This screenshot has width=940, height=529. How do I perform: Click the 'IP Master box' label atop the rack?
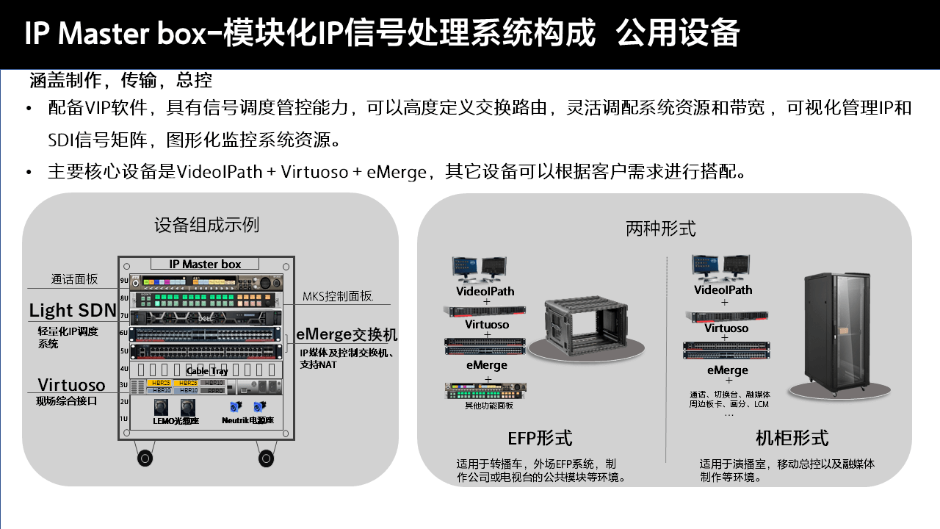[205, 264]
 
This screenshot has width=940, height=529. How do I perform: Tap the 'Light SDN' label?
[73, 310]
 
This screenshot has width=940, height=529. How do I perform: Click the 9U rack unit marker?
[124, 280]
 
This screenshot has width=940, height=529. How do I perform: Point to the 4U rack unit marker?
[124, 369]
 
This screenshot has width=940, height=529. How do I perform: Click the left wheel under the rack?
[145, 458]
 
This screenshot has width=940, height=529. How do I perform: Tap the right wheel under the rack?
[266, 458]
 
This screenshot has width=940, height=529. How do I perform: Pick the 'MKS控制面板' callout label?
[339, 297]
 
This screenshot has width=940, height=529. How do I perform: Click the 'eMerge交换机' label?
[347, 334]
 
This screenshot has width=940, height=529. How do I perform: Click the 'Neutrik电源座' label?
[247, 421]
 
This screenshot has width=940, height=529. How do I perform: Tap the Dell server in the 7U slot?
[206, 317]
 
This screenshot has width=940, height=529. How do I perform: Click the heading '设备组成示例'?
[206, 224]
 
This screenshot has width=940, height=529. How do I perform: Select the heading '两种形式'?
[661, 228]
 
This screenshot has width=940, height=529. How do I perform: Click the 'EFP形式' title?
[540, 438]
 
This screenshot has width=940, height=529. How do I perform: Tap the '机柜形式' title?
[792, 439]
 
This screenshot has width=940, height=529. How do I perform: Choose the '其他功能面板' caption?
[489, 405]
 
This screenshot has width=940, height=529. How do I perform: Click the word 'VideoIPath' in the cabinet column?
[723, 289]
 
